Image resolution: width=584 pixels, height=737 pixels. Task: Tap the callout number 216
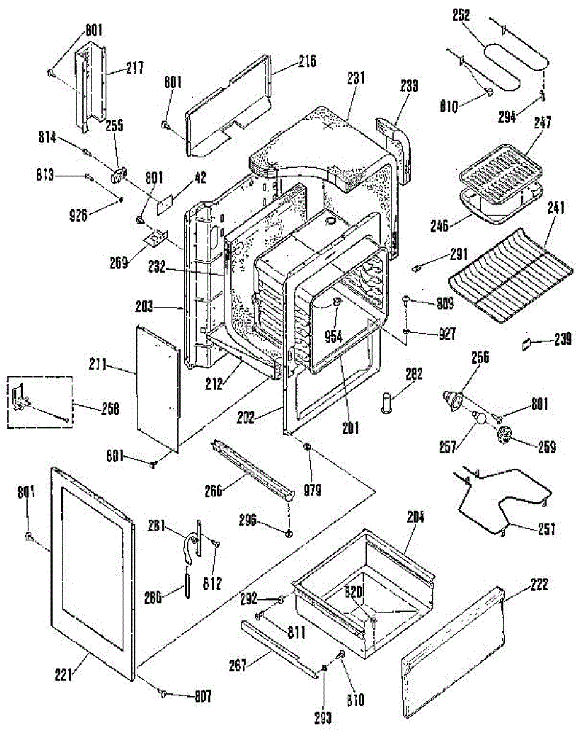coord(307,61)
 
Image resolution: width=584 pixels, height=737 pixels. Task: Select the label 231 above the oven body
coord(355,78)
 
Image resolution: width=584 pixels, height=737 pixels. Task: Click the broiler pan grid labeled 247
coord(499,169)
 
